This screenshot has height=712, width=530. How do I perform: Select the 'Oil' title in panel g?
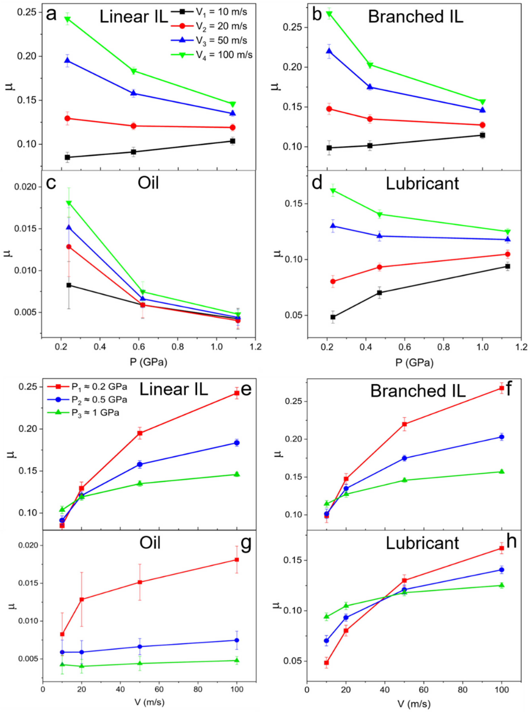point(150,543)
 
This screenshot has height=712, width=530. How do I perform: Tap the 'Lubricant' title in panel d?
point(422,184)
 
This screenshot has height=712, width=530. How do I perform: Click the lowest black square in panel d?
point(333,317)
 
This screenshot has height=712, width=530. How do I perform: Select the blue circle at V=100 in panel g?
point(237,640)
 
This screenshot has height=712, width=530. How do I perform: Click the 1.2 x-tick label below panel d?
point(521,347)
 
